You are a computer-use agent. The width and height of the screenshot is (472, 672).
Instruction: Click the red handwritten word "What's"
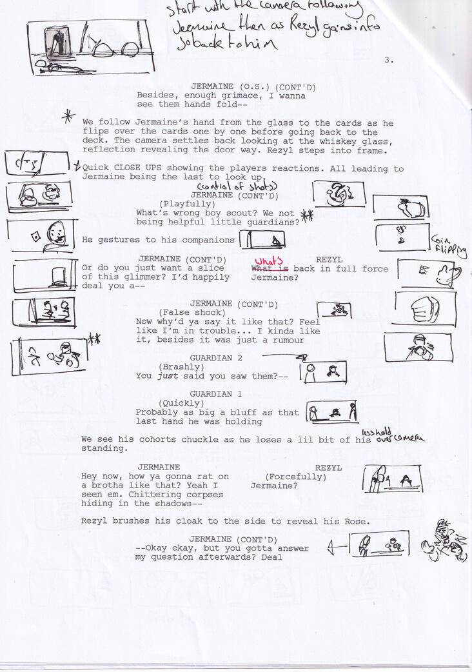click(x=265, y=261)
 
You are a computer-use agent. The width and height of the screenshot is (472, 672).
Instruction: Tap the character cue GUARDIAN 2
click(x=216, y=358)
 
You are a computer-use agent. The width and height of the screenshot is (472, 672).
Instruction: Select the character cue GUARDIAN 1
click(x=216, y=394)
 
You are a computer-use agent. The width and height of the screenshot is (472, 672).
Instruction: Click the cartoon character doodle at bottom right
click(x=446, y=540)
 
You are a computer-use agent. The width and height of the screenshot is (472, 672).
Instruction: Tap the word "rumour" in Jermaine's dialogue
click(x=288, y=340)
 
